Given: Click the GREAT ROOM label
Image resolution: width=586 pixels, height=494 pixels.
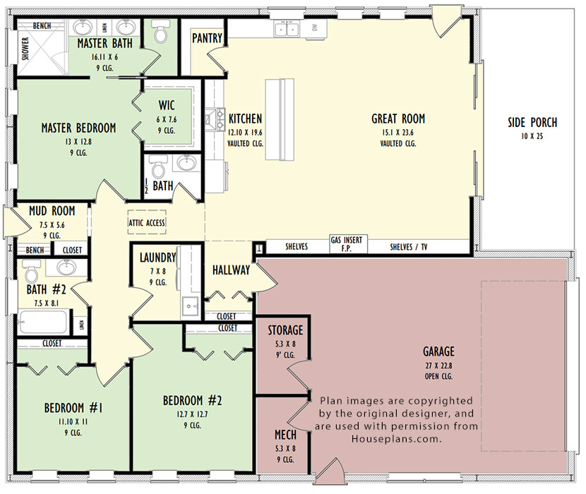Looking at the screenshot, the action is pyautogui.click(x=398, y=119).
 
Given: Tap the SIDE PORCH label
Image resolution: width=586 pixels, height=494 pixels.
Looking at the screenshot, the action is pyautogui.click(x=532, y=123).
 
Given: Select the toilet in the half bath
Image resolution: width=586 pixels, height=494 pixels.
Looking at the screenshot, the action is pyautogui.click(x=157, y=167).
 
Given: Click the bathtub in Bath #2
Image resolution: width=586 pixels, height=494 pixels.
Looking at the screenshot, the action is pyautogui.click(x=43, y=321).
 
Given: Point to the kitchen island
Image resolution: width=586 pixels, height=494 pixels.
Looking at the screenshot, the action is pyautogui.click(x=280, y=119).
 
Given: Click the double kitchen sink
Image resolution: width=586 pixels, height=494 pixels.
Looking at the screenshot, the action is pyautogui.click(x=287, y=28).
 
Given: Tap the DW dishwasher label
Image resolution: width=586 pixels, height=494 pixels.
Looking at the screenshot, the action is pyautogui.click(x=315, y=28).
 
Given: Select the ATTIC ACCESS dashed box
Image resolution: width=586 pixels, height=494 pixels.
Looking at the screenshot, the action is pyautogui.click(x=147, y=222).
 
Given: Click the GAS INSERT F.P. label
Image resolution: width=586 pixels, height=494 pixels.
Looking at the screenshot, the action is pyautogui.click(x=347, y=243).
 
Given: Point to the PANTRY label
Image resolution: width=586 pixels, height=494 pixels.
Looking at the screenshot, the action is pyautogui.click(x=207, y=38).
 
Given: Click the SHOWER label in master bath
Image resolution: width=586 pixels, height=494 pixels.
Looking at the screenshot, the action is pyautogui.click(x=25, y=49).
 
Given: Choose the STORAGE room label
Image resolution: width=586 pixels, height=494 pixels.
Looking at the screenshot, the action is pyautogui.click(x=285, y=330).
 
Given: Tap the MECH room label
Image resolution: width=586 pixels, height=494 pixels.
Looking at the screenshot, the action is pyautogui.click(x=285, y=435).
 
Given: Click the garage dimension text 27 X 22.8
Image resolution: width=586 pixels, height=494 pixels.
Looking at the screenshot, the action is pyautogui.click(x=438, y=366).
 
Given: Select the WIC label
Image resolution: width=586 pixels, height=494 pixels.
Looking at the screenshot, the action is pyautogui.click(x=167, y=105).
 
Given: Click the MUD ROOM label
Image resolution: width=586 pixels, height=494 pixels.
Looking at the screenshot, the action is pyautogui.click(x=52, y=211).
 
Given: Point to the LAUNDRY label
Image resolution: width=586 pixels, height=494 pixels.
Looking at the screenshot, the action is pyautogui.click(x=157, y=258).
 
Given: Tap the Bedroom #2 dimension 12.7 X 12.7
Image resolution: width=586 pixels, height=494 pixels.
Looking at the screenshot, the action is pyautogui.click(x=193, y=414).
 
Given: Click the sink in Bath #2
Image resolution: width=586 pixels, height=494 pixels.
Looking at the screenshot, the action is pyautogui.click(x=67, y=267).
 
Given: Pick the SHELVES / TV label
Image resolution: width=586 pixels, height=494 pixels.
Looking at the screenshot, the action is pyautogui.click(x=409, y=247).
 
